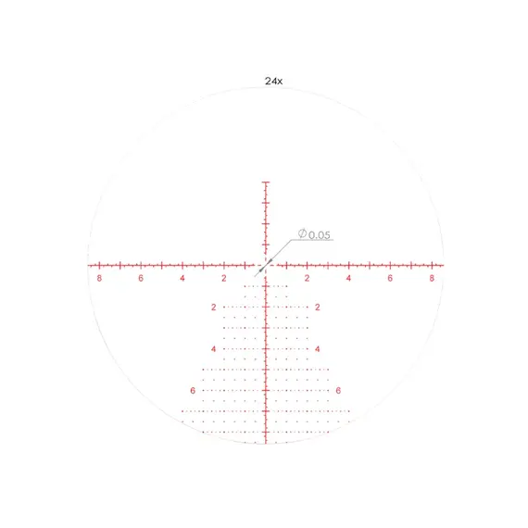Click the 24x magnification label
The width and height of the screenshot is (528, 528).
(x=273, y=82)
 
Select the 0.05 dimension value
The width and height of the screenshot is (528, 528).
(x=320, y=235)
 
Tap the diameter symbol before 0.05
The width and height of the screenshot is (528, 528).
(x=302, y=233)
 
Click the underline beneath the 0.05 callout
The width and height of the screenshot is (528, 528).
(x=312, y=240)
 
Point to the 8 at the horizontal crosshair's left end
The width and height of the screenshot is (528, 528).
(x=99, y=278)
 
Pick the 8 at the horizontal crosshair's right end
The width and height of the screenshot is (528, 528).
(x=432, y=278)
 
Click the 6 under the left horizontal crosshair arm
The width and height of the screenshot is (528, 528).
(x=141, y=278)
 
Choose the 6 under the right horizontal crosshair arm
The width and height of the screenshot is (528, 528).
(x=390, y=278)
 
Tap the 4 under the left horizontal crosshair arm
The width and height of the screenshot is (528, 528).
(x=182, y=278)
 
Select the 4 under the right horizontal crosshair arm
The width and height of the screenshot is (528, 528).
(x=348, y=278)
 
